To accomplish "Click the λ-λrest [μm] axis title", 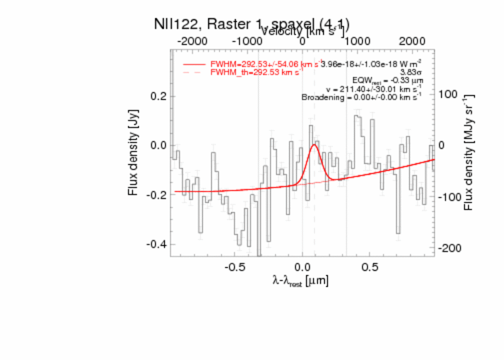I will pos(300,281).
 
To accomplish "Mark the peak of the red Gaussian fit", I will pos(314,145).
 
